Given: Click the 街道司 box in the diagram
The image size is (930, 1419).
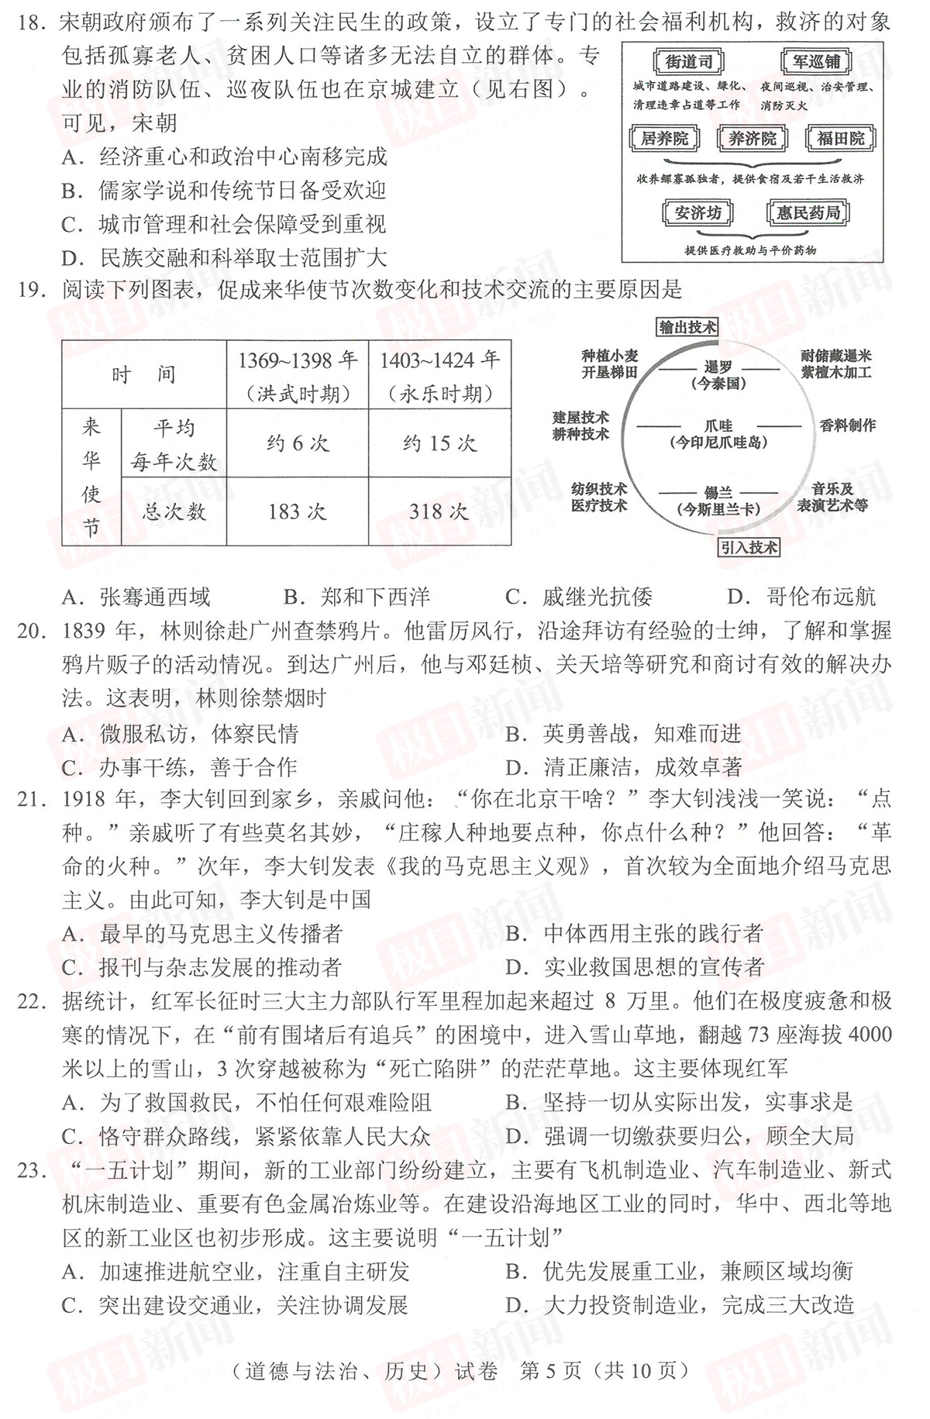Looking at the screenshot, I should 688,62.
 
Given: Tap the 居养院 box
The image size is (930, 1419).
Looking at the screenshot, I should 664,139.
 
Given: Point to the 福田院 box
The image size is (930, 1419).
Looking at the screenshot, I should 840,139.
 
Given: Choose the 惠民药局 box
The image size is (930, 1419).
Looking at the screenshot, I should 808,212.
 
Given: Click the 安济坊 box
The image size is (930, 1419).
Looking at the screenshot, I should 697,212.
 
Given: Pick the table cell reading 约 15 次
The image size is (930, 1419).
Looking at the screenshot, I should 439,443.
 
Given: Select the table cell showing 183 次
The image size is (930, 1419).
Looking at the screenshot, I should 298,511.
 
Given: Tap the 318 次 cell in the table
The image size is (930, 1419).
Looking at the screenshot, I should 439,511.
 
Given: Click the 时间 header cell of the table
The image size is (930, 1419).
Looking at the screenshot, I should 144,375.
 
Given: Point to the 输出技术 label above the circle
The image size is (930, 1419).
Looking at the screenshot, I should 687,327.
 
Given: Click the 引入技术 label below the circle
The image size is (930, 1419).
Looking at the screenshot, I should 748,547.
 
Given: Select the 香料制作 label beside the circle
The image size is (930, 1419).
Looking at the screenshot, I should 847,425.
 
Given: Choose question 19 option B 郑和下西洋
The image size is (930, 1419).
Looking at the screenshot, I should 357,597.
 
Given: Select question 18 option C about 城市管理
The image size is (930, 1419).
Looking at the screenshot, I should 225,225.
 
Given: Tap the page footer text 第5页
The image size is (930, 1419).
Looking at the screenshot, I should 549,1371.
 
